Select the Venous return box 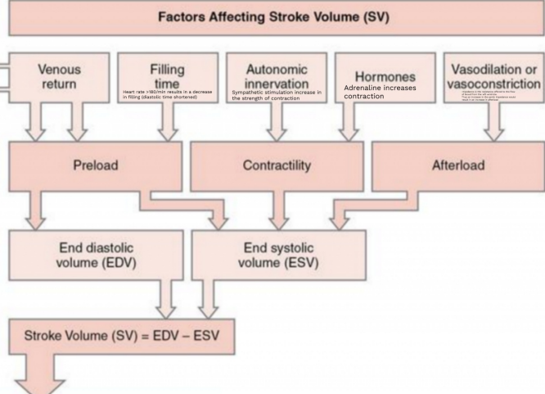tap(59, 76)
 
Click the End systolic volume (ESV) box tap(277, 253)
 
